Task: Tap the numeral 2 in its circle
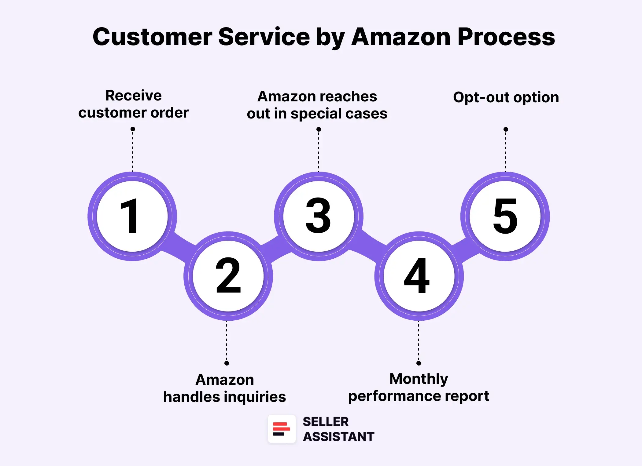(228, 275)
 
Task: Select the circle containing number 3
(319, 216)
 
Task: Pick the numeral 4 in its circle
(417, 275)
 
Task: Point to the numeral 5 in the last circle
(505, 216)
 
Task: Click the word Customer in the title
(152, 37)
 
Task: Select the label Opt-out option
(506, 97)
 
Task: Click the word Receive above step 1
(133, 96)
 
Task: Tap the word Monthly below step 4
(419, 379)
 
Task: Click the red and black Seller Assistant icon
(282, 429)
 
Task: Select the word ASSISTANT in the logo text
(338, 437)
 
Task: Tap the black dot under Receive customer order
(133, 129)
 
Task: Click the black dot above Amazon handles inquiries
(227, 363)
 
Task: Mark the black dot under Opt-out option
(506, 129)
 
